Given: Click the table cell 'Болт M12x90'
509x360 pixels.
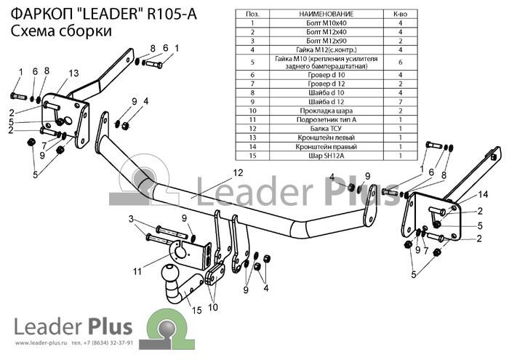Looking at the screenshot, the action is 326,41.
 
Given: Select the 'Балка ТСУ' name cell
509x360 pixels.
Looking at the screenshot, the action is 326,129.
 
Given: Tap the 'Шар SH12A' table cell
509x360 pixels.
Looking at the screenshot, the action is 326,156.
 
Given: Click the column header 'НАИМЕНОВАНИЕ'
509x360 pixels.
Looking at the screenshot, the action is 326,14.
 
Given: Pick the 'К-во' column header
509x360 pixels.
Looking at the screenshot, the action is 400,14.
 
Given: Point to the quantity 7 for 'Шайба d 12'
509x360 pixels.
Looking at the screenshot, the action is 400,102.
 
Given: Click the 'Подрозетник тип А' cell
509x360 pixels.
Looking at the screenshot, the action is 326,119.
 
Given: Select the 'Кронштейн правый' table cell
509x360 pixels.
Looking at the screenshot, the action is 326,146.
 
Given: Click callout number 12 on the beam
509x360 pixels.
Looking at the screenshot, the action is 238,172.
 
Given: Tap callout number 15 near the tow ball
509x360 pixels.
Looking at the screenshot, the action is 197,311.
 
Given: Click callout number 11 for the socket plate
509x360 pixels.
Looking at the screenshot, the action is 137,271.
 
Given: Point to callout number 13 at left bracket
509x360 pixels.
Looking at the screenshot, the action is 73,73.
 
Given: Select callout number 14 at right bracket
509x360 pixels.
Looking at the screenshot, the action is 483,194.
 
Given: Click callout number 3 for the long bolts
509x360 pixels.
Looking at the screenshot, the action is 131,219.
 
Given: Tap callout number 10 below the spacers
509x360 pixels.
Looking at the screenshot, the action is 213,307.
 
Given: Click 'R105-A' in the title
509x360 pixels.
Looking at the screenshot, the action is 172,14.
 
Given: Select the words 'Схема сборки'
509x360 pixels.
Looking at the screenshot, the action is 61,31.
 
